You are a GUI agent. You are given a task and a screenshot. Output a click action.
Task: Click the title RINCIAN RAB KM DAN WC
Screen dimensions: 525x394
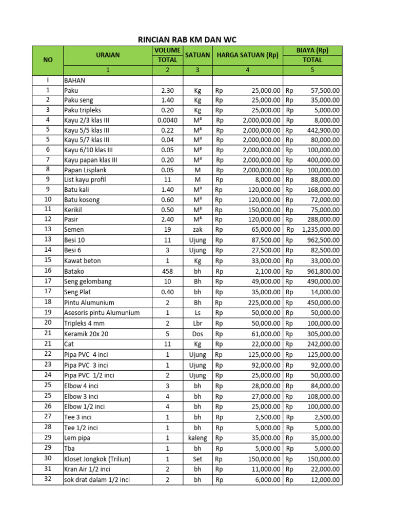tap(188, 39)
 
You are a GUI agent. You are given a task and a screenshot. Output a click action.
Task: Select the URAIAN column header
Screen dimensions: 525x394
tap(108, 55)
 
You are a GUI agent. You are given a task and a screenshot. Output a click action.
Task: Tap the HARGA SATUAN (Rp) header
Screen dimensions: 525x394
tap(248, 55)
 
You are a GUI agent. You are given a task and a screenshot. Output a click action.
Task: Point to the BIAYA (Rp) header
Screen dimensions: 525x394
tap(312, 50)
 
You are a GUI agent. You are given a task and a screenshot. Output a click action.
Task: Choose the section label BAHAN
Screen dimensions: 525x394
tap(75, 80)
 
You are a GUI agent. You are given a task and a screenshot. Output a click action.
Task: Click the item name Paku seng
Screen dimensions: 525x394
tap(78, 100)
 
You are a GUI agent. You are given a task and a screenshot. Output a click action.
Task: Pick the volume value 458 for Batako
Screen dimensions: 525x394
tap(167, 271)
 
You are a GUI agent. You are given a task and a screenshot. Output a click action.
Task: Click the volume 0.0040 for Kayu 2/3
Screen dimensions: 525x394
tap(167, 120)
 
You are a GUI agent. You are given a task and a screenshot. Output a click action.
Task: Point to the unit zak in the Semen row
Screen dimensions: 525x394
tap(198, 229)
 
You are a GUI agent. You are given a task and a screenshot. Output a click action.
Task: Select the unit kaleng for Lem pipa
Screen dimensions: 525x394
tap(198, 438)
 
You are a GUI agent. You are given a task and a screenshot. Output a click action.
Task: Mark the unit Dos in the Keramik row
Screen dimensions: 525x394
tap(198, 334)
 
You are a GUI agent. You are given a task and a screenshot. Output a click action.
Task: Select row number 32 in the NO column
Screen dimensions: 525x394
tap(48, 479)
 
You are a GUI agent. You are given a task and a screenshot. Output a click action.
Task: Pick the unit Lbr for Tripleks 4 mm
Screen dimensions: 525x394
tap(198, 323)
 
